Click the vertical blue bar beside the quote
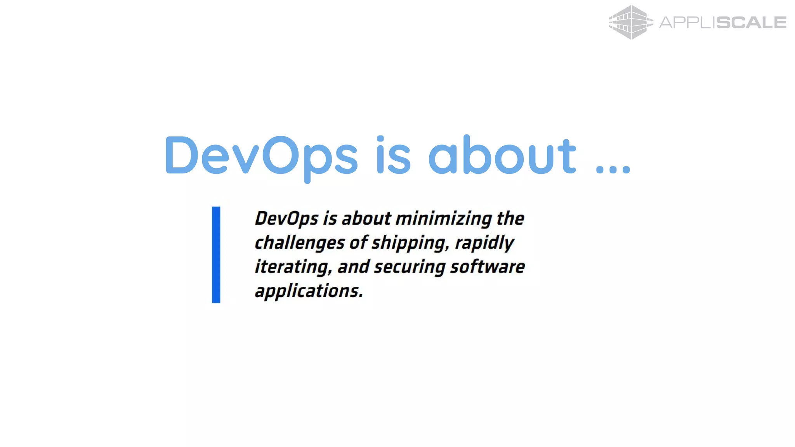(x=216, y=255)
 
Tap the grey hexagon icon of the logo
(x=630, y=23)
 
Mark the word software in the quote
(x=488, y=267)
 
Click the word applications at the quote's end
(x=309, y=291)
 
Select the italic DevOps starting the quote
(x=286, y=219)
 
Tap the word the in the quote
(x=510, y=218)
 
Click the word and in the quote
(x=353, y=267)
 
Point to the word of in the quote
(x=358, y=243)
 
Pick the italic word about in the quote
(x=366, y=218)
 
